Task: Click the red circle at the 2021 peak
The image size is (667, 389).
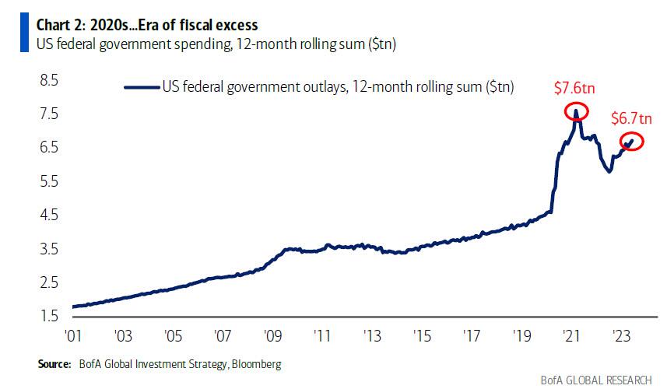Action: pos(576,111)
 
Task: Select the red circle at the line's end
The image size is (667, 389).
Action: pos(631,142)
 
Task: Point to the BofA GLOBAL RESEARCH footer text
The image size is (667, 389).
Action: pos(597,380)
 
